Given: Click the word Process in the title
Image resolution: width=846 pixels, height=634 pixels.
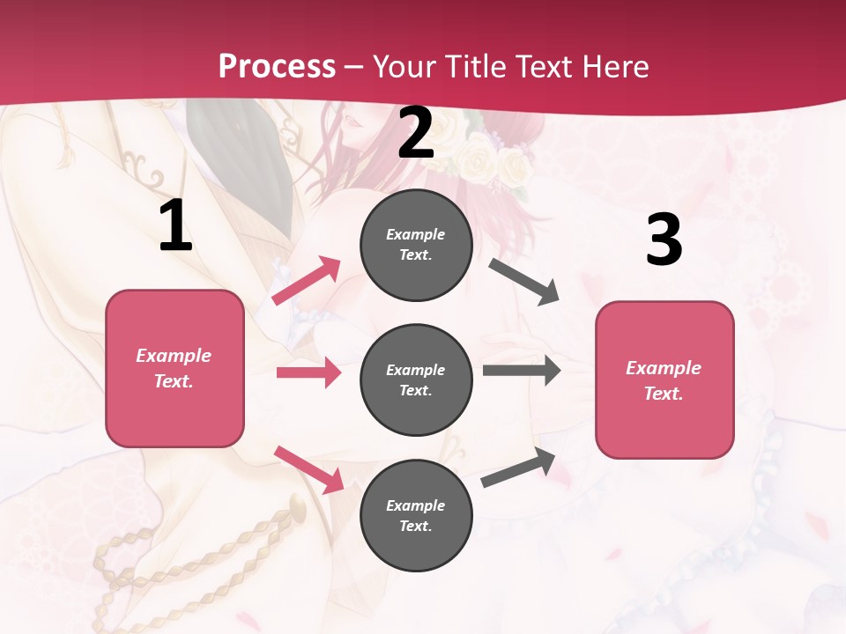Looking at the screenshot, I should pyautogui.click(x=277, y=67).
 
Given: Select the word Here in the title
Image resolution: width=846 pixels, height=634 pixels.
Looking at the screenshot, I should pyautogui.click(x=615, y=67).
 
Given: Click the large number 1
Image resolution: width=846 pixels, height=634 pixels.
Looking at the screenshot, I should pyautogui.click(x=175, y=226).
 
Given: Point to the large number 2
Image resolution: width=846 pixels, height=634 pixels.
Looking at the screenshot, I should pyautogui.click(x=416, y=133).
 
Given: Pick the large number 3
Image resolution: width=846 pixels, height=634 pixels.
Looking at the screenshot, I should pyautogui.click(x=664, y=240).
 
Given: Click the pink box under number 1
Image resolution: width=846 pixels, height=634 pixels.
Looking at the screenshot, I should pyautogui.click(x=174, y=368).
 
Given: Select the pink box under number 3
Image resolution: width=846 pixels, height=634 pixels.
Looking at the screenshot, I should pyautogui.click(x=664, y=380).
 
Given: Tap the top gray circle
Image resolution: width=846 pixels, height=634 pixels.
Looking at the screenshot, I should pyautogui.click(x=416, y=245).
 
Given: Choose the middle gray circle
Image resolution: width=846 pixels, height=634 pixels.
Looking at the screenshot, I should pyautogui.click(x=416, y=380).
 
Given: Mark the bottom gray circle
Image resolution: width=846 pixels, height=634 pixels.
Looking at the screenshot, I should pyautogui.click(x=416, y=515).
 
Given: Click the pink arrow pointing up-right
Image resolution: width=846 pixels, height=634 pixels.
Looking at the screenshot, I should pyautogui.click(x=307, y=281).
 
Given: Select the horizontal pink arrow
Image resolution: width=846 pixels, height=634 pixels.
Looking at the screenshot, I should pyautogui.click(x=308, y=372).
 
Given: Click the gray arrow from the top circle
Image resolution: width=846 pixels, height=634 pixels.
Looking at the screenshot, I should pyautogui.click(x=524, y=282).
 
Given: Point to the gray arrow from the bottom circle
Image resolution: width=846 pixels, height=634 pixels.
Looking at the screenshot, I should pyautogui.click(x=518, y=468).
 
